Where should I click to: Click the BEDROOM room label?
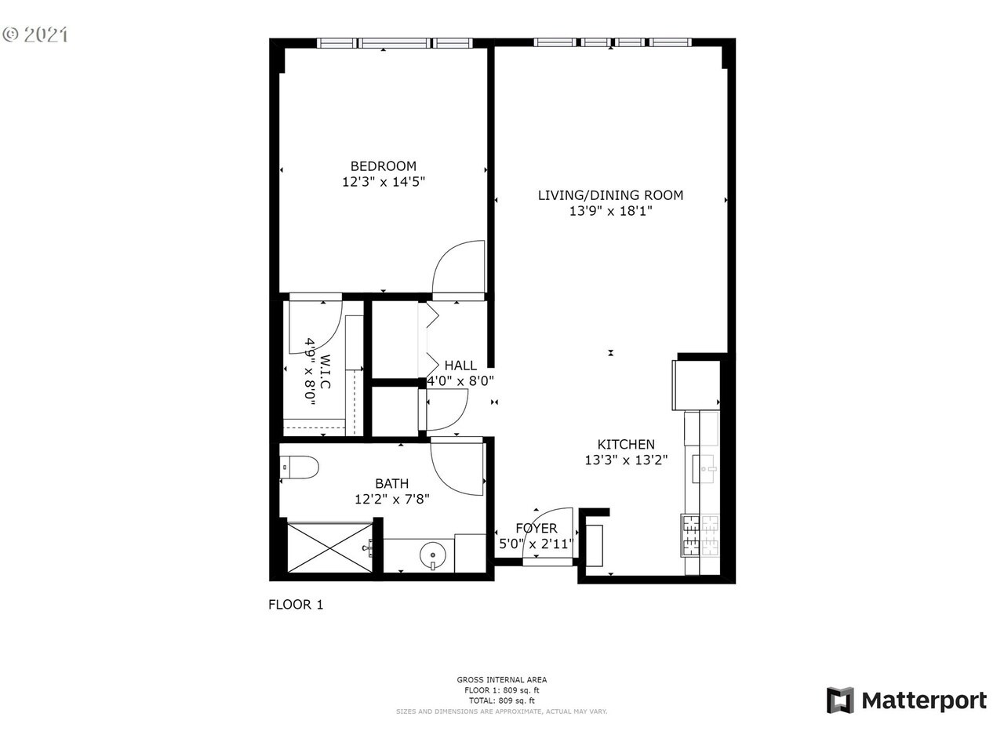(x=383, y=166)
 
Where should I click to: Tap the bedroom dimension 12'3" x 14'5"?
(x=383, y=182)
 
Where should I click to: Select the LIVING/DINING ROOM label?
(x=610, y=195)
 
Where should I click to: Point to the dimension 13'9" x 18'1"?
(x=610, y=211)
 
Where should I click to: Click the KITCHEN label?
(x=626, y=445)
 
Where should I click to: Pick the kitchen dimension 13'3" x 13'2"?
(x=626, y=460)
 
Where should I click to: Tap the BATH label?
(x=391, y=484)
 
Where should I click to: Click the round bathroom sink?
(x=432, y=557)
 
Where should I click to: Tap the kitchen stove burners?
(x=701, y=534)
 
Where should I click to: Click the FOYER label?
(x=537, y=529)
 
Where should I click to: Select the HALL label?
(x=460, y=366)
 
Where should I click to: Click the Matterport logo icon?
(x=840, y=700)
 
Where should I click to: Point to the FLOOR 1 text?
(x=296, y=605)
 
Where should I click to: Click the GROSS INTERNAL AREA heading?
(x=502, y=680)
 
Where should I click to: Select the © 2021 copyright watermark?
(x=35, y=35)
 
